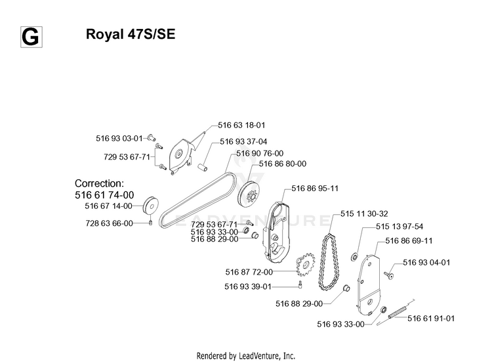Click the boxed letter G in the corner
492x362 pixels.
pyautogui.click(x=31, y=37)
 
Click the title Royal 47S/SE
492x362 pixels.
pyautogui.click(x=131, y=34)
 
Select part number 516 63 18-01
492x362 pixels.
pyautogui.click(x=241, y=125)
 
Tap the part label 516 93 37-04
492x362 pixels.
pyautogui.click(x=243, y=142)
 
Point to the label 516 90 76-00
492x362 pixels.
pyautogui.click(x=260, y=153)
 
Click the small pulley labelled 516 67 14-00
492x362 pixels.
pyautogui.click(x=151, y=206)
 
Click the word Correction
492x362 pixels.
pyautogui.click(x=99, y=183)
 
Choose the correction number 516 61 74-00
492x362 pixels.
pyautogui.click(x=104, y=195)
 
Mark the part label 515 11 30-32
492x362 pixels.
pyautogui.click(x=364, y=214)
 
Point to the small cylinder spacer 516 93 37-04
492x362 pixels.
pyautogui.click(x=203, y=167)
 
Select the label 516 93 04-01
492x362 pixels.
pyautogui.click(x=426, y=262)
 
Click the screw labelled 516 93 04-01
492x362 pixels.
pyautogui.click(x=389, y=275)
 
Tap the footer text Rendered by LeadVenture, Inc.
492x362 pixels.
pyautogui.click(x=246, y=355)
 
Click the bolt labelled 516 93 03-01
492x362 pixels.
pyautogui.click(x=152, y=137)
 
